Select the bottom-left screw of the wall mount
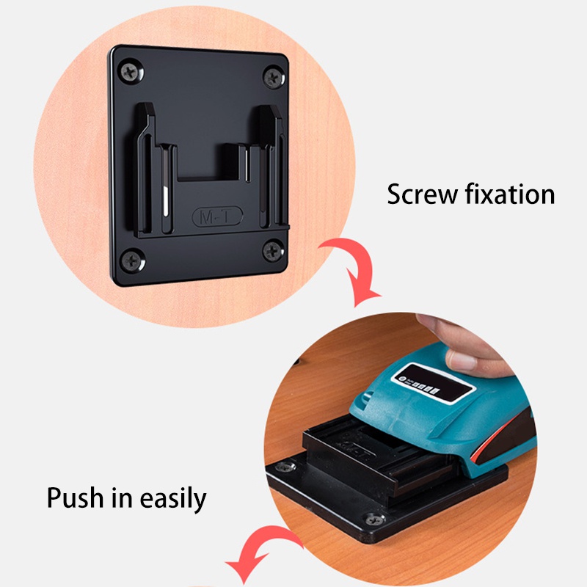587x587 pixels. point(133,258)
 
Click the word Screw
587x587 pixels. point(420,195)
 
